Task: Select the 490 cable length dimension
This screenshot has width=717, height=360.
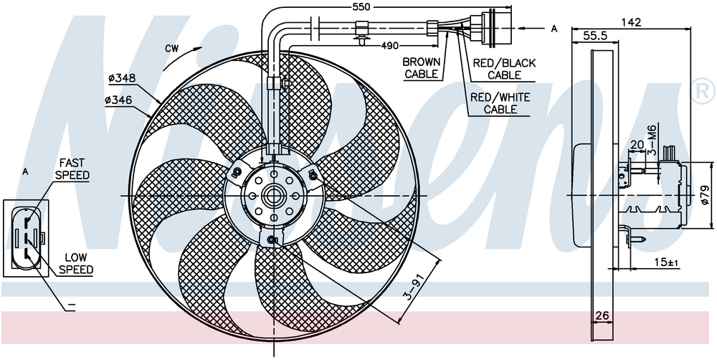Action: pos(389,45)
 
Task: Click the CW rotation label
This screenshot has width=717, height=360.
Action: pos(171,49)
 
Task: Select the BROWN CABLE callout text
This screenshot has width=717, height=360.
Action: pos(422,68)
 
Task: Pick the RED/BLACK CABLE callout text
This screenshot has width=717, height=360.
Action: pos(504,69)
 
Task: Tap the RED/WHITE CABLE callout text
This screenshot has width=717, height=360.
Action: pos(500,103)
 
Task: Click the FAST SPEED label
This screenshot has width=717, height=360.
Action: pos(74,169)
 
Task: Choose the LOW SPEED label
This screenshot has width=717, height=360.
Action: pos(76,263)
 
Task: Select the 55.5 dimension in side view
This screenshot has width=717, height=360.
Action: pos(595,34)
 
